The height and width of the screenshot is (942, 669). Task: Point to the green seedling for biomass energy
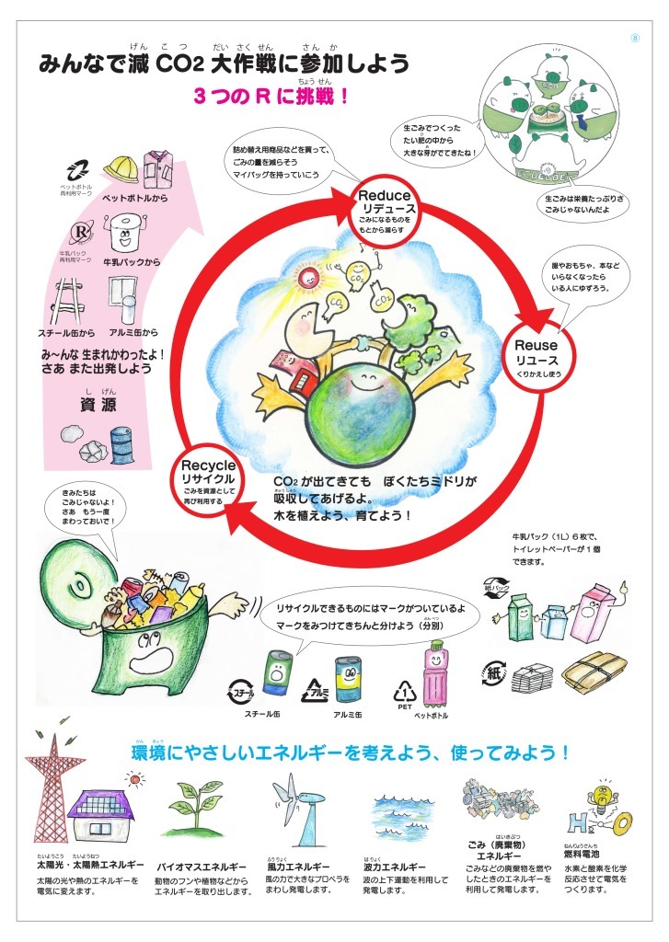(x=196, y=805)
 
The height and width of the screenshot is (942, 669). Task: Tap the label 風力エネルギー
(x=297, y=867)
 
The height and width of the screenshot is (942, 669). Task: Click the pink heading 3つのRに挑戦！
(x=271, y=96)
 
